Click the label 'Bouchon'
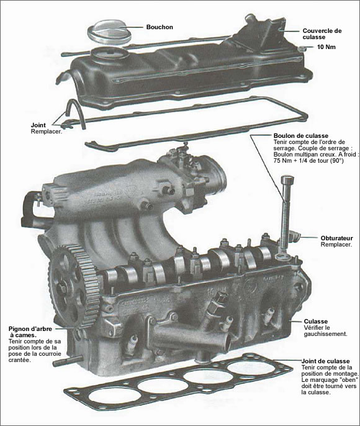160,28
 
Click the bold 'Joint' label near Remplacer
38,125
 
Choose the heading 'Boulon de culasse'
300,136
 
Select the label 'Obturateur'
338,238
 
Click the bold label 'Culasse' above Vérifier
317,321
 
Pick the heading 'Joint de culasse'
325,361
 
